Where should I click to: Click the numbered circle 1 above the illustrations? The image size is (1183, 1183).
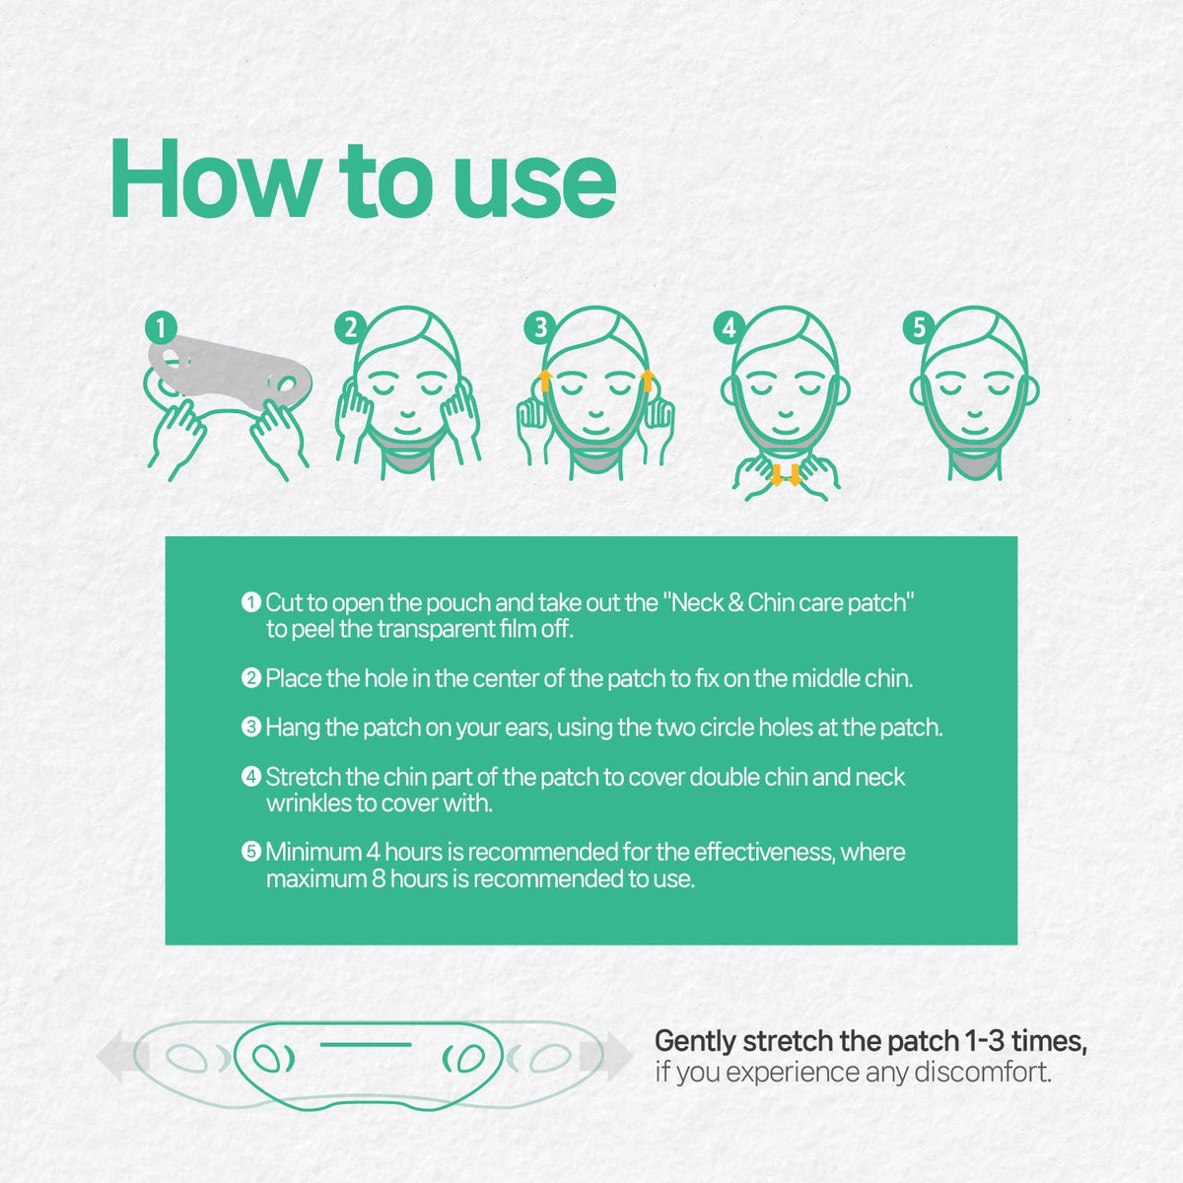click(161, 328)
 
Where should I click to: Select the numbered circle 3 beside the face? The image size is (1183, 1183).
click(539, 328)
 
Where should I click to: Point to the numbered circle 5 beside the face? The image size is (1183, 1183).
click(919, 328)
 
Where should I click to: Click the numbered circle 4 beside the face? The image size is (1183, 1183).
click(729, 328)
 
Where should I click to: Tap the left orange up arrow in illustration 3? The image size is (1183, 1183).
click(545, 381)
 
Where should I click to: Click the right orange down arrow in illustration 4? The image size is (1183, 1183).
click(795, 475)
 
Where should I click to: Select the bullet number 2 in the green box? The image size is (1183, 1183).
click(251, 678)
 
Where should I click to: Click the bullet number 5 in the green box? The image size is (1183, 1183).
click(251, 852)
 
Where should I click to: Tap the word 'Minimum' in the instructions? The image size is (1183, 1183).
click(313, 852)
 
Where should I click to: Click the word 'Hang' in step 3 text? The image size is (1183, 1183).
click(293, 728)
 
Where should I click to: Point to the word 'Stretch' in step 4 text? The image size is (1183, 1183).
click(304, 777)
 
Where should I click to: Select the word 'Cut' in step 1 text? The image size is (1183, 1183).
click(284, 603)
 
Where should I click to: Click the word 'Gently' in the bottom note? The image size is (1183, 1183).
click(696, 1042)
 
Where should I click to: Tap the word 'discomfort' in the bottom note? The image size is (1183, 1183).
click(982, 1073)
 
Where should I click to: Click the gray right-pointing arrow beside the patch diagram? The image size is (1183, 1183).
click(605, 1057)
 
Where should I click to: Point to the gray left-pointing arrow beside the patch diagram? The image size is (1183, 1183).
click(123, 1057)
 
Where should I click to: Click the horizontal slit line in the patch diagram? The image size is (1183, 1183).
click(366, 1044)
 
